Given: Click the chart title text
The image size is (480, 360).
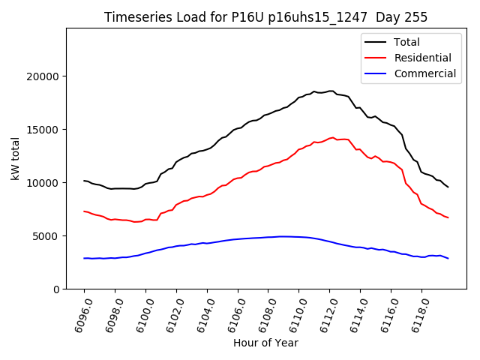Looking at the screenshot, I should click(x=265, y=17).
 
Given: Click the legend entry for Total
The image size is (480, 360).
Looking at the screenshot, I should click(x=406, y=42).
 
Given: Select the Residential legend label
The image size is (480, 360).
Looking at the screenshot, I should click(x=423, y=58).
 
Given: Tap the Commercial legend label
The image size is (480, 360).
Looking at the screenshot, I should click(x=425, y=73).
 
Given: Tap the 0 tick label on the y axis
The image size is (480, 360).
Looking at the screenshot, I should click(x=57, y=289).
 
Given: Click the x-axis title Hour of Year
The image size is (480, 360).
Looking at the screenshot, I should click(x=265, y=343).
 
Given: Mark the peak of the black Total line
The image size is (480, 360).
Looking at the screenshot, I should click(x=331, y=91).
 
